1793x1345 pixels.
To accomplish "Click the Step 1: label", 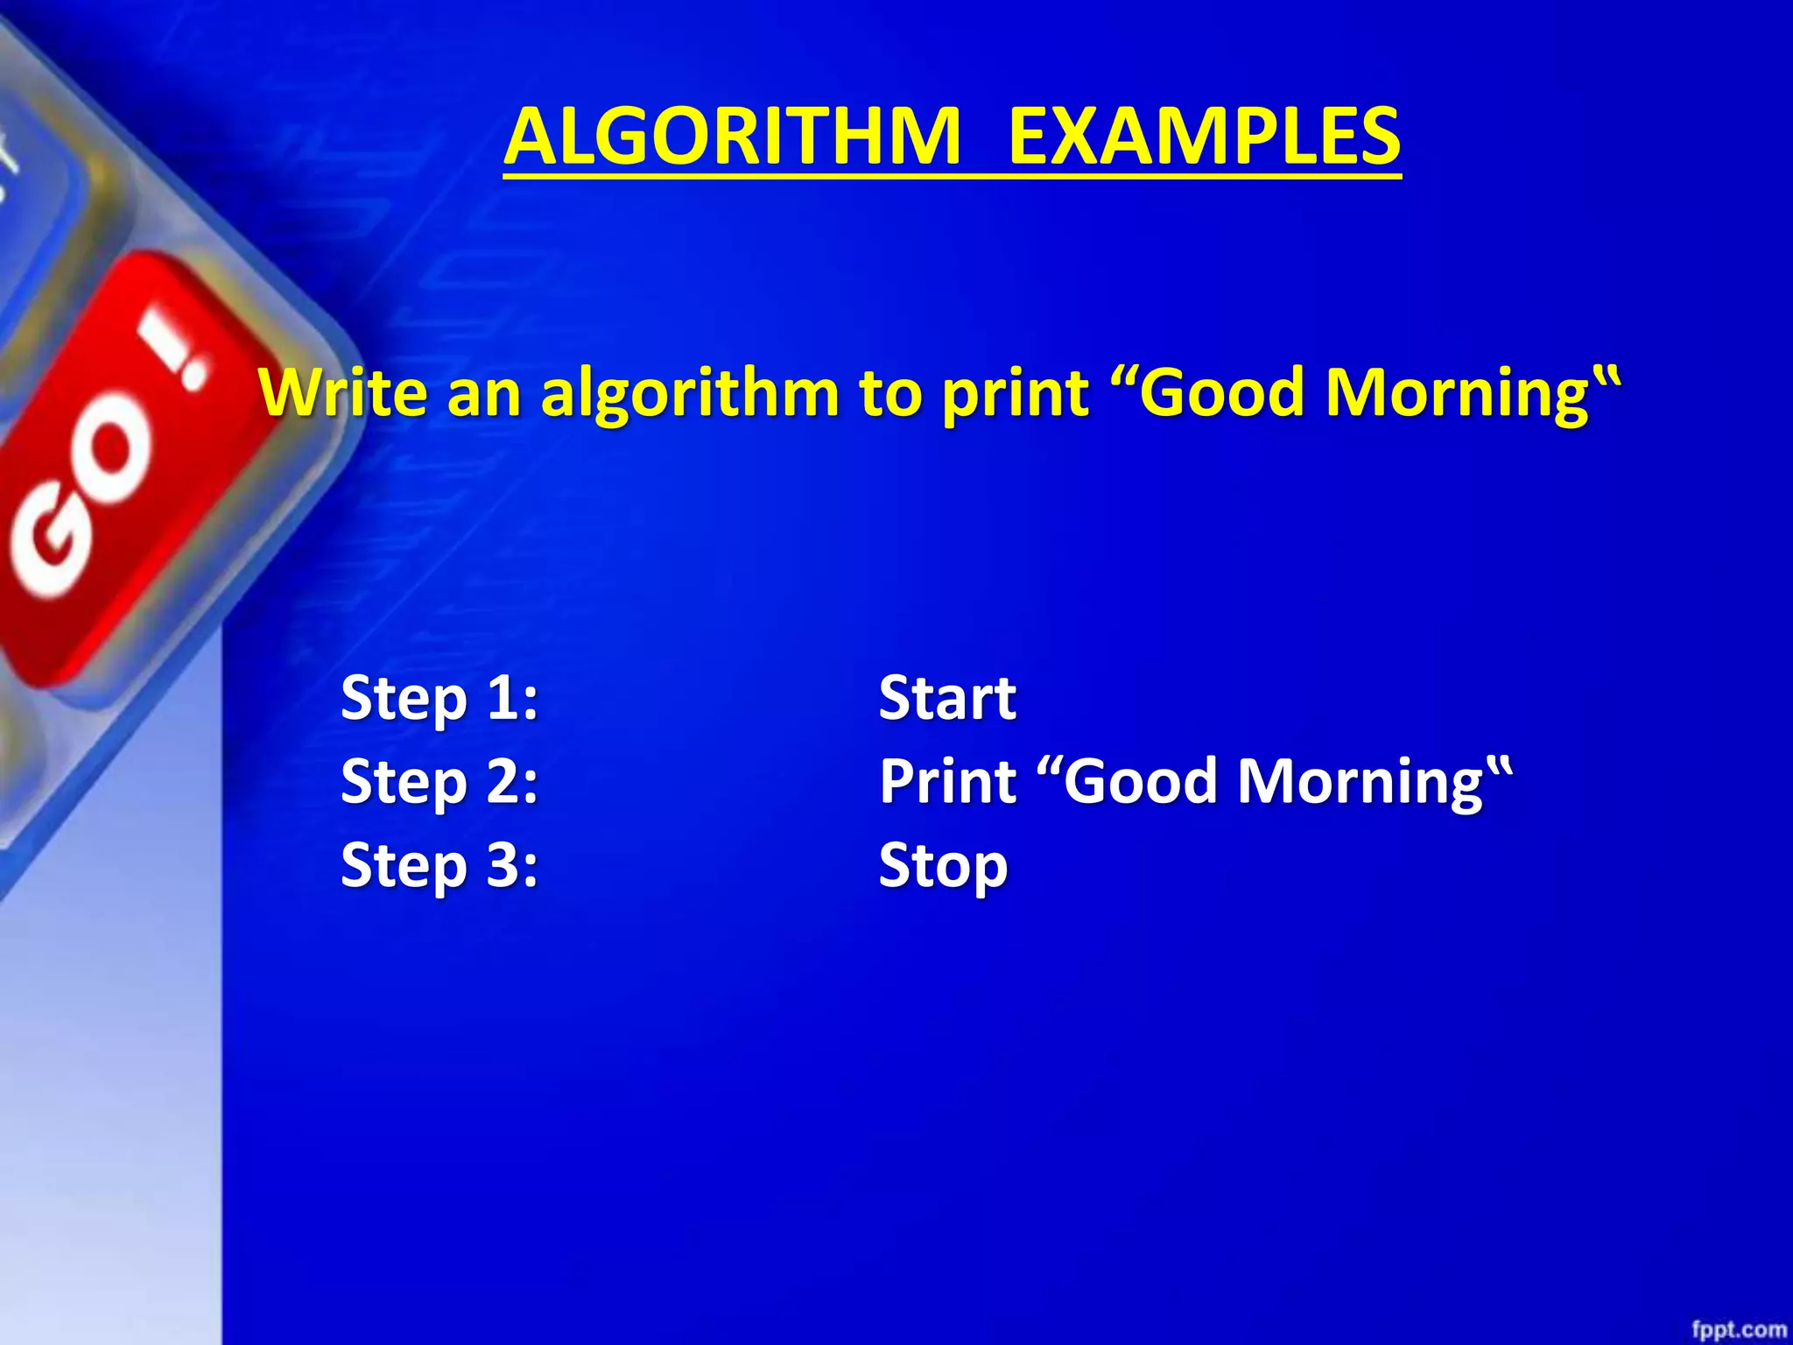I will pos(439,699).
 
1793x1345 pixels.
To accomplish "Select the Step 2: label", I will pos(439,782).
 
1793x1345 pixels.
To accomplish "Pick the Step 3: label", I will pos(439,865).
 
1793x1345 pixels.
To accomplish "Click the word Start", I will pos(947,699).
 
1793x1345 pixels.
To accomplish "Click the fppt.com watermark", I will pos(1739,1329).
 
